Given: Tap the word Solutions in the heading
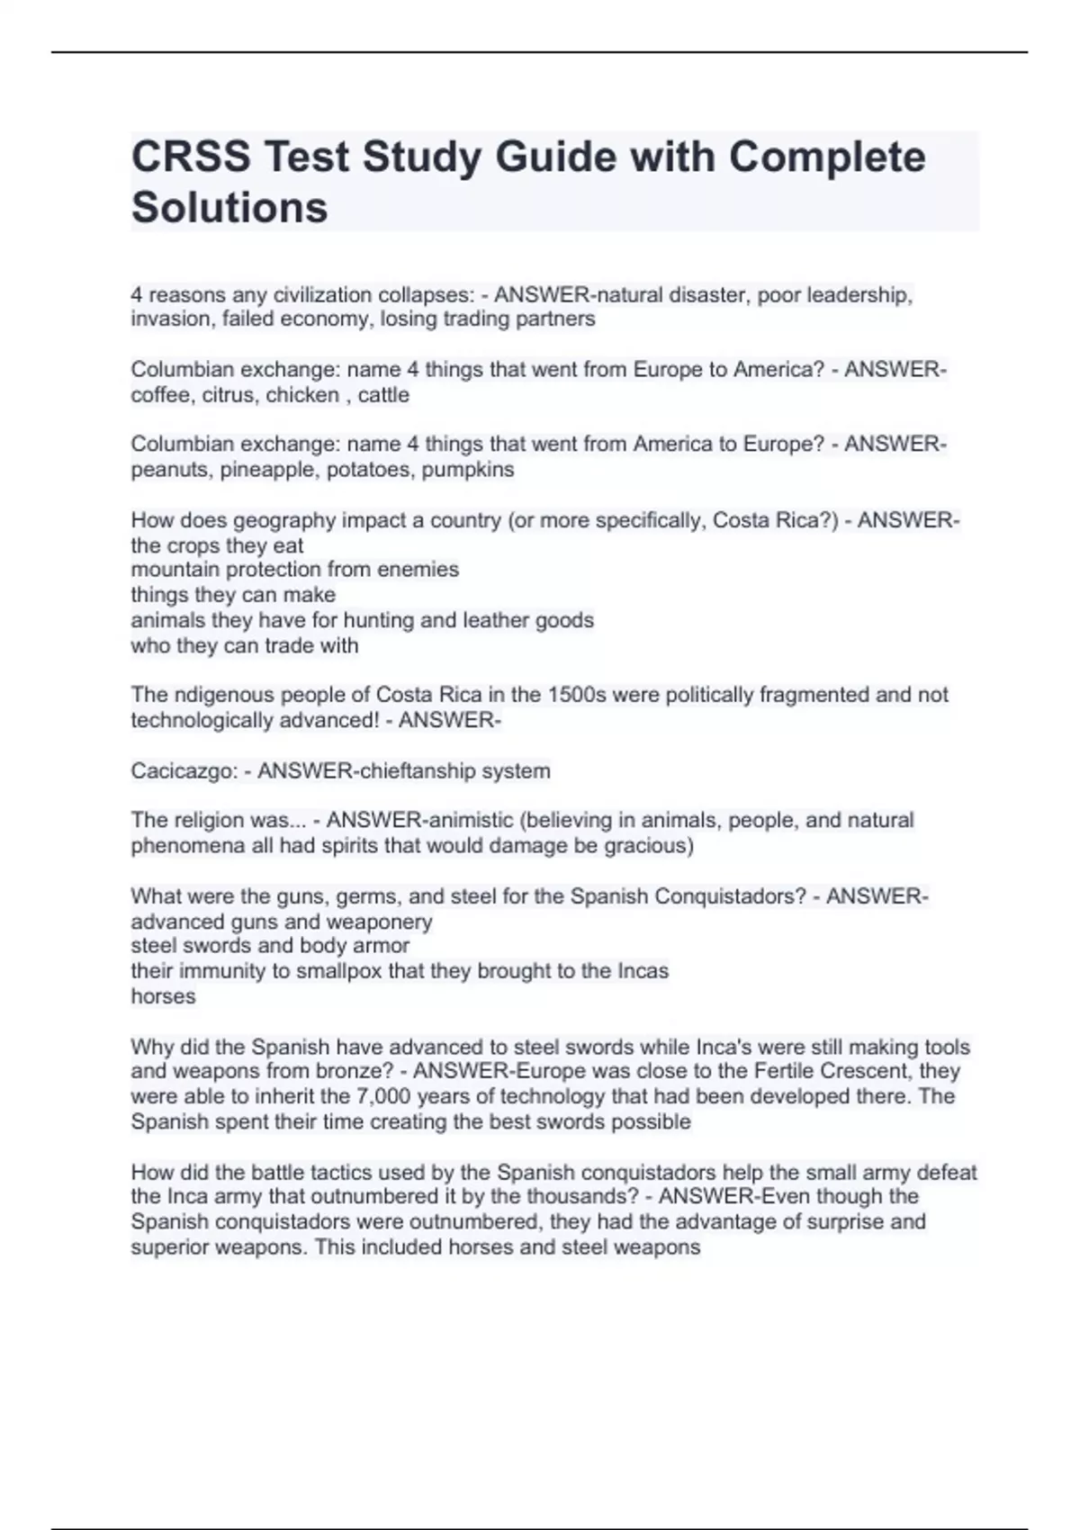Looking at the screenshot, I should (229, 208).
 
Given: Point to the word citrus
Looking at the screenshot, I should (229, 395).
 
